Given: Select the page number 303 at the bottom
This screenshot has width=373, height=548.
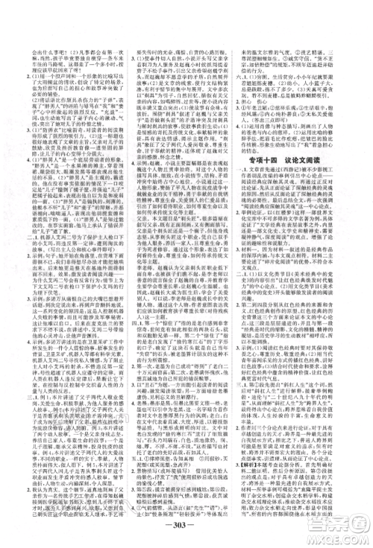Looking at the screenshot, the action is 186,521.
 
